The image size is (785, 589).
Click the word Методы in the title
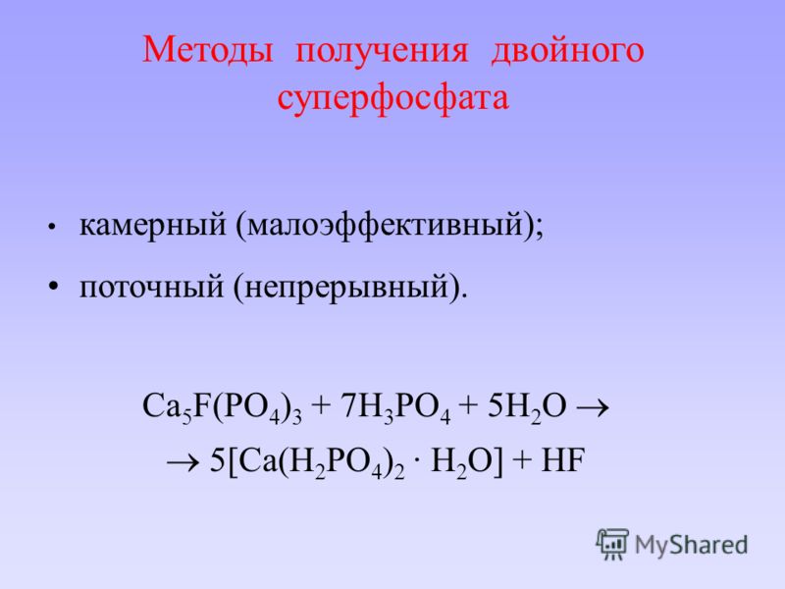(x=208, y=51)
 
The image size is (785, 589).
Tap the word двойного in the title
(x=567, y=51)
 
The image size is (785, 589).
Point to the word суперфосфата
(x=393, y=96)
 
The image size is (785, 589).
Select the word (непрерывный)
(x=350, y=289)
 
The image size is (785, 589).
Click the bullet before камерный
(x=52, y=227)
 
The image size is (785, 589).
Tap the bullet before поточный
(x=54, y=287)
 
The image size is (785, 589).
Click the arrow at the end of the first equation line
(x=593, y=407)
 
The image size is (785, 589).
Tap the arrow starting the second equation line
(x=183, y=462)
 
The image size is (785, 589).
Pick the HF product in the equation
(x=563, y=460)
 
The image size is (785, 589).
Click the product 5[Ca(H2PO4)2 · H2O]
(x=356, y=461)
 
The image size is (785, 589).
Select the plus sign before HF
(x=522, y=461)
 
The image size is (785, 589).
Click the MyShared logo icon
(x=612, y=544)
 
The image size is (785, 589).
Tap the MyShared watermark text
(x=691, y=545)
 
